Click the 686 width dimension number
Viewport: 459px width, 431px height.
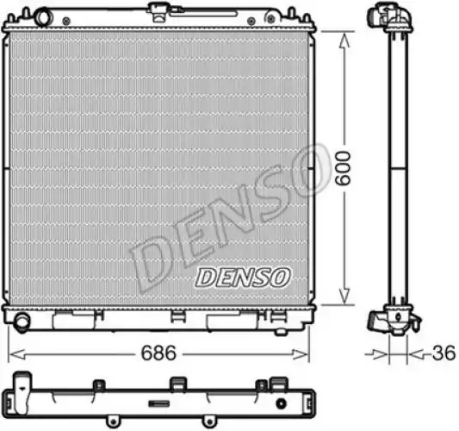point(158,353)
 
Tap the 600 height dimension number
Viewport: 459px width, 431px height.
point(343,168)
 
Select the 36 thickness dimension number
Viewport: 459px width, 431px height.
point(443,353)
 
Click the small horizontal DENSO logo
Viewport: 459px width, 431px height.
point(243,277)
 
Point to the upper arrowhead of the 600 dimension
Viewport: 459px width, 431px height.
point(344,41)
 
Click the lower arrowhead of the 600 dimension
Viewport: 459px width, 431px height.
point(344,295)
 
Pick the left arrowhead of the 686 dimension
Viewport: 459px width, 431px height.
point(17,354)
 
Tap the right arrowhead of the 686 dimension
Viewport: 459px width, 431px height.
point(300,354)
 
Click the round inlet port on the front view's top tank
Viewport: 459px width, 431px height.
point(43,16)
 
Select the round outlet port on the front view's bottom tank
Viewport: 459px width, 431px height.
point(22,322)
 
